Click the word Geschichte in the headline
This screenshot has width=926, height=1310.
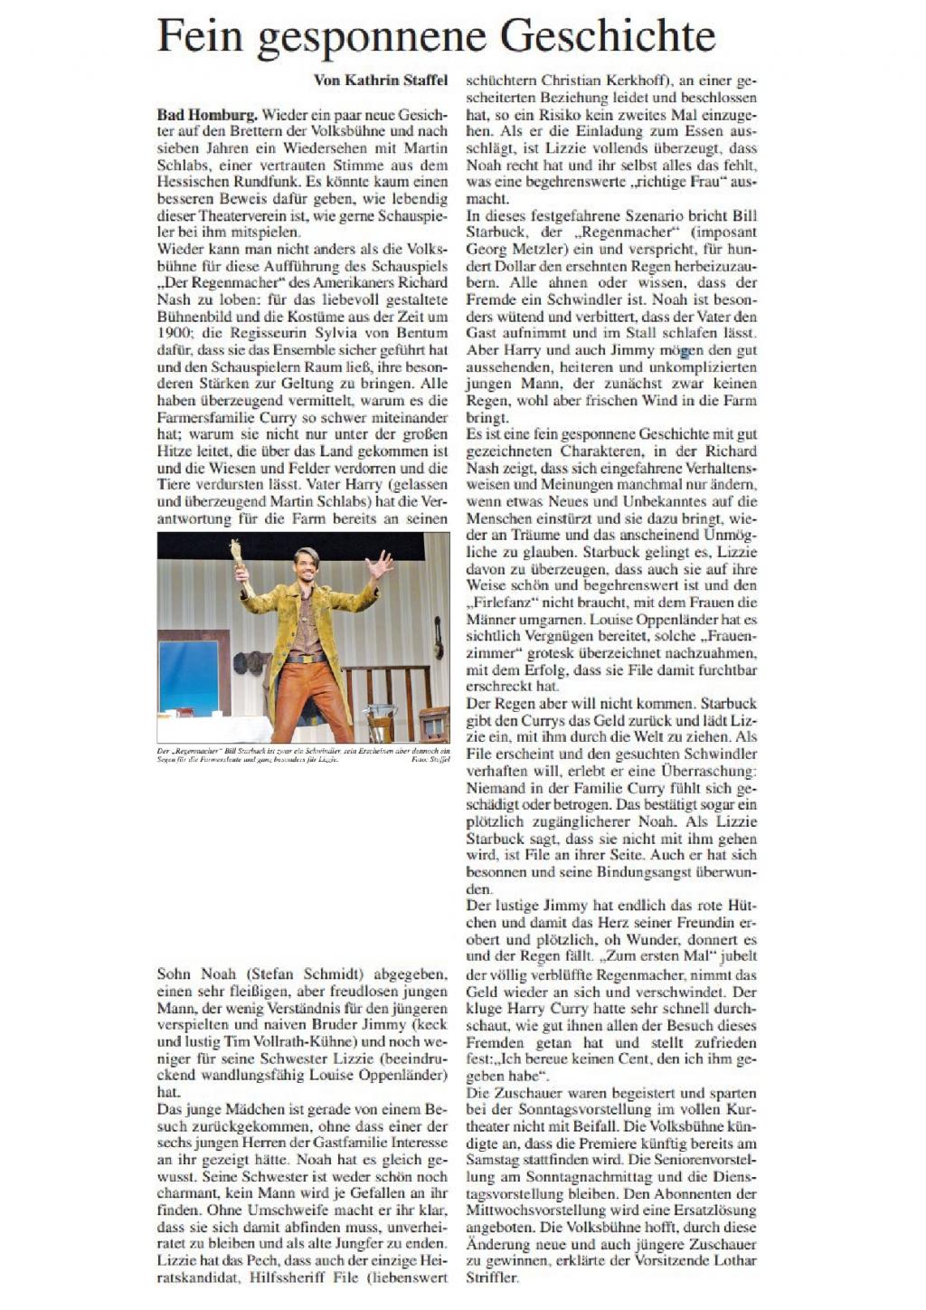tap(608, 36)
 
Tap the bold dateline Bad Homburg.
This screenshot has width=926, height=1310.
tap(207, 115)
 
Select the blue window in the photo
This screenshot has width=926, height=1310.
tap(188, 676)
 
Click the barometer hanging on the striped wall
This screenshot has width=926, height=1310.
tap(439, 636)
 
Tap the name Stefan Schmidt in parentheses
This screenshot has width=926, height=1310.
tap(302, 974)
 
